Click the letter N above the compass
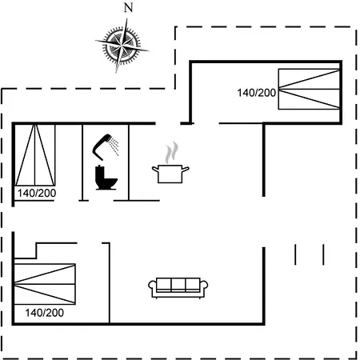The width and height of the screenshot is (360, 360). tap(129, 8)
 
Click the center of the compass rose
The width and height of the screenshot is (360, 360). tap(122, 45)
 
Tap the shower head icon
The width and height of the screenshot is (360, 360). tap(102, 146)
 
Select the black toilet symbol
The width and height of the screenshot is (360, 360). tap(106, 178)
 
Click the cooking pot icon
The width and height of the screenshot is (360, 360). tap(170, 174)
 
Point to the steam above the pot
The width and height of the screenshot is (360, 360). tap(171, 152)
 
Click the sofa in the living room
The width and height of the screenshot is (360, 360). tap(178, 288)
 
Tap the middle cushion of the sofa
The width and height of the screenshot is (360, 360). tap(178, 285)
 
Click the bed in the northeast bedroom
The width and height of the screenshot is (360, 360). tap(309, 89)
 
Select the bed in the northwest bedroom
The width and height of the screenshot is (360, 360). tap(35, 155)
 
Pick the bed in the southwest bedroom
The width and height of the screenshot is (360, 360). tap(45, 284)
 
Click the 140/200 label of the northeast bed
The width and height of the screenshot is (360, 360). tap(257, 93)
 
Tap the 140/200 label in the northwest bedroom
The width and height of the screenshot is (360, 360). tap(37, 193)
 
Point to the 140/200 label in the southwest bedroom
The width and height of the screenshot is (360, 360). tap(45, 313)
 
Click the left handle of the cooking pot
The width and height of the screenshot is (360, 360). tap(155, 170)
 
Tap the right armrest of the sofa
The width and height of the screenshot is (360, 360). tap(204, 286)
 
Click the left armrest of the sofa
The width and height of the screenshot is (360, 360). tap(152, 286)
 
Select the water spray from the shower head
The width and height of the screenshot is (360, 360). tap(114, 146)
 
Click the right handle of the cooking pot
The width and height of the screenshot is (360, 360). tap(186, 170)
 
